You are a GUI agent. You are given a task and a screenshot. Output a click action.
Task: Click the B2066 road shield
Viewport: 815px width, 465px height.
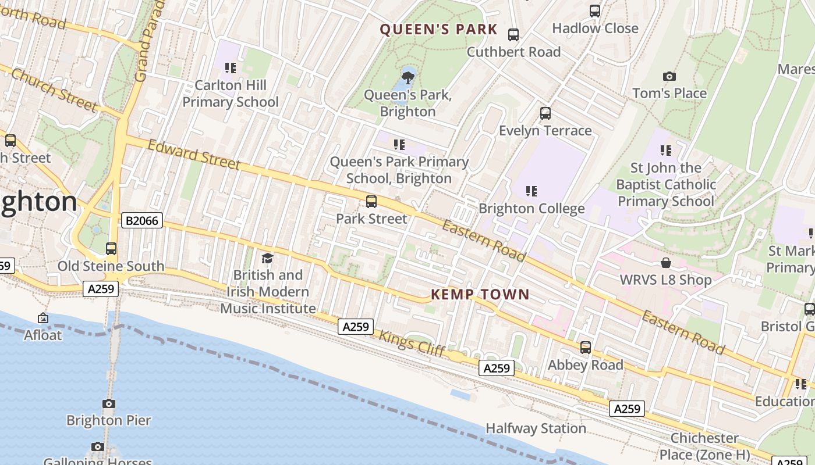coord(141,221)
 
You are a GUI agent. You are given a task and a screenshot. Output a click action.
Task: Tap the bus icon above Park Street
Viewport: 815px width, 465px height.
coord(371,202)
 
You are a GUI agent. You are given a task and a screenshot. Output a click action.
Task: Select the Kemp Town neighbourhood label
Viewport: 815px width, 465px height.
coord(480,295)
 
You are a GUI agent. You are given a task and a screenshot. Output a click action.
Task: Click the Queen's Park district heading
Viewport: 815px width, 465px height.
coord(439,30)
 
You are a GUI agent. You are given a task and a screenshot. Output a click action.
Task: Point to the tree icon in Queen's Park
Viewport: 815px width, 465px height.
coord(408,76)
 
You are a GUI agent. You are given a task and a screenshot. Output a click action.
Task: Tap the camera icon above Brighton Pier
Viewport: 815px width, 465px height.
coord(109,403)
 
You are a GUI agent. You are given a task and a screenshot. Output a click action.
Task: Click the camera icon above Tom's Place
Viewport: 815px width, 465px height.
coord(669,76)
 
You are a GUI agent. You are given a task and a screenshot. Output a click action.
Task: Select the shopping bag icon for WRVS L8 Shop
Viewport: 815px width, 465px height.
coord(665,263)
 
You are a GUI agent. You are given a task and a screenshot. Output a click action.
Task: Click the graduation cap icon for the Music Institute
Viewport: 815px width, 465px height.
coord(267,258)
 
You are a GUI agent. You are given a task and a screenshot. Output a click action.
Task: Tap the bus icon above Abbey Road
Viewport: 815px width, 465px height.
coord(585,348)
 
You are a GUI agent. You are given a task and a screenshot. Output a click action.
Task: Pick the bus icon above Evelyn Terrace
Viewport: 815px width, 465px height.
coord(545,113)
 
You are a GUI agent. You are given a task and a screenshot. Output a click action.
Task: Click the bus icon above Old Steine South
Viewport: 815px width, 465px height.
coord(111,249)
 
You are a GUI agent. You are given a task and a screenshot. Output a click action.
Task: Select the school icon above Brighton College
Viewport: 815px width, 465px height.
coord(531,191)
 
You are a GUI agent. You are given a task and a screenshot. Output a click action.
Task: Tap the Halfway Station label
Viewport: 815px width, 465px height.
coord(536,428)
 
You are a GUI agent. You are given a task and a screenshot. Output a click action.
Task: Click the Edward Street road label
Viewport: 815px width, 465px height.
coord(194,155)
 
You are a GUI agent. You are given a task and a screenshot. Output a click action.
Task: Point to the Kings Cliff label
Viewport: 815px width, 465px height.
coord(412,343)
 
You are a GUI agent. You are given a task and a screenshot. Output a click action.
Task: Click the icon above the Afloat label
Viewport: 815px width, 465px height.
coord(42,318)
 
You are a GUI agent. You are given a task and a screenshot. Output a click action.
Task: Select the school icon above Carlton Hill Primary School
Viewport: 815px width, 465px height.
coord(231,68)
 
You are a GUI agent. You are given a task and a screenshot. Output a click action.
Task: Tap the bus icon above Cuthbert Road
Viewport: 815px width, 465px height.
coord(513,35)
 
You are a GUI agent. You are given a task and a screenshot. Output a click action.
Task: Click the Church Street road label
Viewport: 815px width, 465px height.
coord(54,89)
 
